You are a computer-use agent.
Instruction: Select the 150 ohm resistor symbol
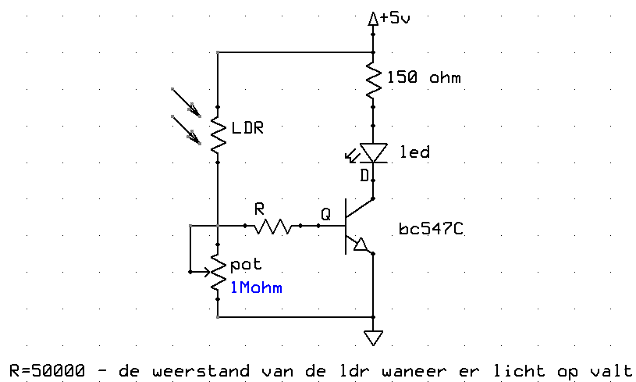(x=374, y=78)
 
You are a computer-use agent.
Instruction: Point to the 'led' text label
(x=414, y=152)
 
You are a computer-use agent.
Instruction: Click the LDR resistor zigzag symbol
(x=218, y=134)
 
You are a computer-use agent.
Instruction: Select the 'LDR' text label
(x=248, y=127)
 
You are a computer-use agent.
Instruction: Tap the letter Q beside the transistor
(x=325, y=212)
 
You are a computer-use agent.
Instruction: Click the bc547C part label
(x=427, y=230)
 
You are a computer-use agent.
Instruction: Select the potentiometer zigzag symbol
(x=218, y=273)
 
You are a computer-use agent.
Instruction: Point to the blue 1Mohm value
(x=256, y=287)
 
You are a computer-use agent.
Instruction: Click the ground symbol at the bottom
(x=374, y=337)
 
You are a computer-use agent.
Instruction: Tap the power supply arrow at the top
(x=374, y=20)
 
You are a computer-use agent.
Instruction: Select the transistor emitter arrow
(x=361, y=246)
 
